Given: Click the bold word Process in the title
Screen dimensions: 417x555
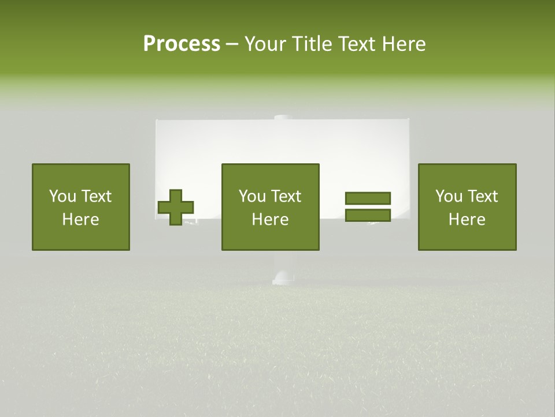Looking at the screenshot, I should tap(182, 44).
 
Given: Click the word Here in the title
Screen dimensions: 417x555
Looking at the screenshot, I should tap(404, 44).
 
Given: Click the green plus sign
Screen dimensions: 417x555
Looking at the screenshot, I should tap(176, 207).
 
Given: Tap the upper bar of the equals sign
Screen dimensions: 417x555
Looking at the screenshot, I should tap(368, 198).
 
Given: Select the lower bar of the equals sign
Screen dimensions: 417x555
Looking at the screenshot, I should tap(368, 215).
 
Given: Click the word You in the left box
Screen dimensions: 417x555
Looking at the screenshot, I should tap(62, 196).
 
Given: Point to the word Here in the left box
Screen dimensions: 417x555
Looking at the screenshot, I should tap(80, 220).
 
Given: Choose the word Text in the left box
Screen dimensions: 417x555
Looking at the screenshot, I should tap(96, 196).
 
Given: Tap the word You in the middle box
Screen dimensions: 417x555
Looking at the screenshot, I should tap(252, 196).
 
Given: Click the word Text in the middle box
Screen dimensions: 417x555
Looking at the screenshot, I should tap(286, 196).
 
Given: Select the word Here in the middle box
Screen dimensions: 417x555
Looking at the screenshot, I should tap(270, 220).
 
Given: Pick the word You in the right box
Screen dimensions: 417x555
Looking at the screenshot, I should tap(449, 196).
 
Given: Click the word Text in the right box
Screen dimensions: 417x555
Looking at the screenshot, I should tap(482, 196).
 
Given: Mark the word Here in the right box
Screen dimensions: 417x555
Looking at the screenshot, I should tap(467, 220).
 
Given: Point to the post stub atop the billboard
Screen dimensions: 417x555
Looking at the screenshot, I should tap(283, 118).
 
